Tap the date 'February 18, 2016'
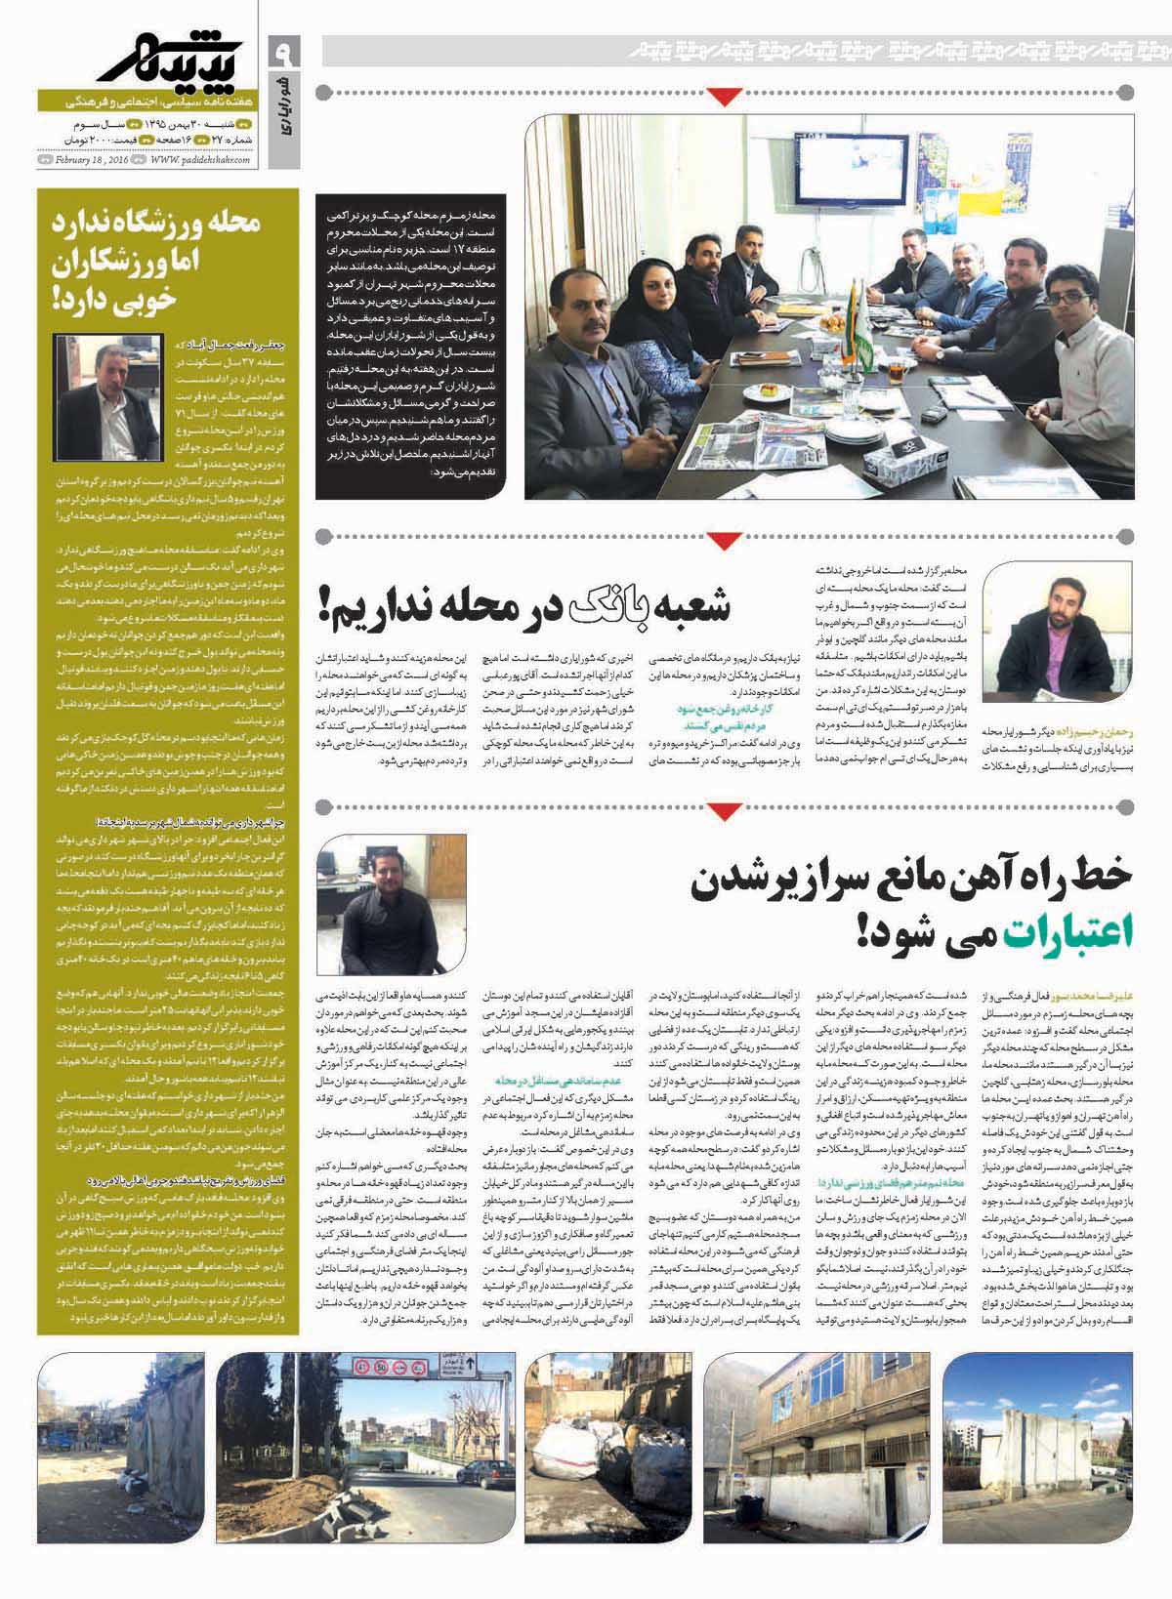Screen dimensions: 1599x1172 (x=95, y=160)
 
